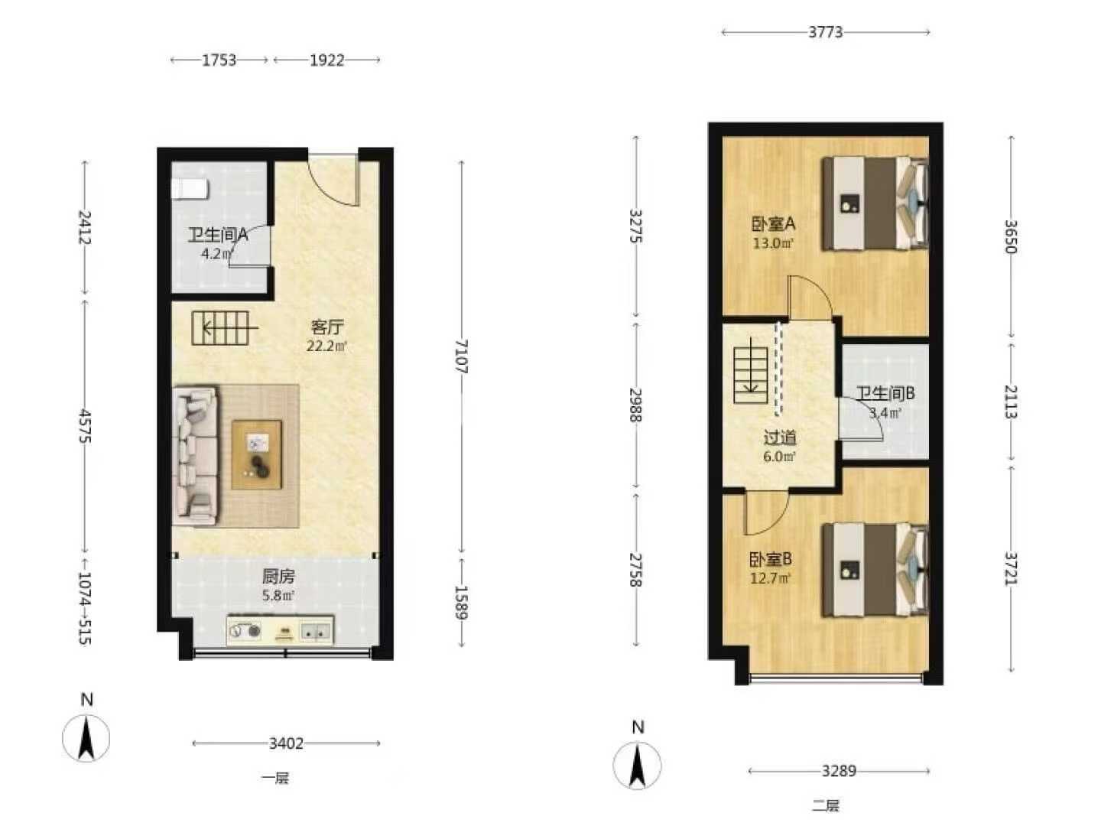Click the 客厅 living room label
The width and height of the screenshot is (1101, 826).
(x=327, y=327)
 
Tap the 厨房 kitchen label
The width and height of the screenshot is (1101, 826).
(x=278, y=577)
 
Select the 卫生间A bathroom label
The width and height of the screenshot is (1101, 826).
(x=218, y=234)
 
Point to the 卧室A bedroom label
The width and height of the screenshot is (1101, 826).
(x=773, y=223)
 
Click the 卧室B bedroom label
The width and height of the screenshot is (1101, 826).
(x=771, y=558)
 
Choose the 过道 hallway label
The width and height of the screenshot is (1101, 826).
(x=779, y=437)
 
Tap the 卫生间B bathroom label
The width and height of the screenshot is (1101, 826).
(x=885, y=393)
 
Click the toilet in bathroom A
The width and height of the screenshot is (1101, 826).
(x=189, y=189)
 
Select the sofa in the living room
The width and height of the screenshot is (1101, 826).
(x=195, y=456)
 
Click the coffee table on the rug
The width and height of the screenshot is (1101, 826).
(x=256, y=454)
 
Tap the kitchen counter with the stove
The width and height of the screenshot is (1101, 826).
(x=280, y=630)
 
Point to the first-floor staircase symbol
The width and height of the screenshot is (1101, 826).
(x=223, y=329)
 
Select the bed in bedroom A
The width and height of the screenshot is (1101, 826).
(x=874, y=203)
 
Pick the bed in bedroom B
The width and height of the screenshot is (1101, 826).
(x=874, y=570)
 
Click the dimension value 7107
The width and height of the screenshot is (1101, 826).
(x=461, y=356)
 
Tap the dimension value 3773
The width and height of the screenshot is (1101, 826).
(x=826, y=33)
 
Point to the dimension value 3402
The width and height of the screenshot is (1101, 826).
(x=286, y=743)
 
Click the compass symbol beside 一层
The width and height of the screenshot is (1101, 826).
(x=86, y=738)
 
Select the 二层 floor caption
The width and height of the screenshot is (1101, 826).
(x=826, y=805)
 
